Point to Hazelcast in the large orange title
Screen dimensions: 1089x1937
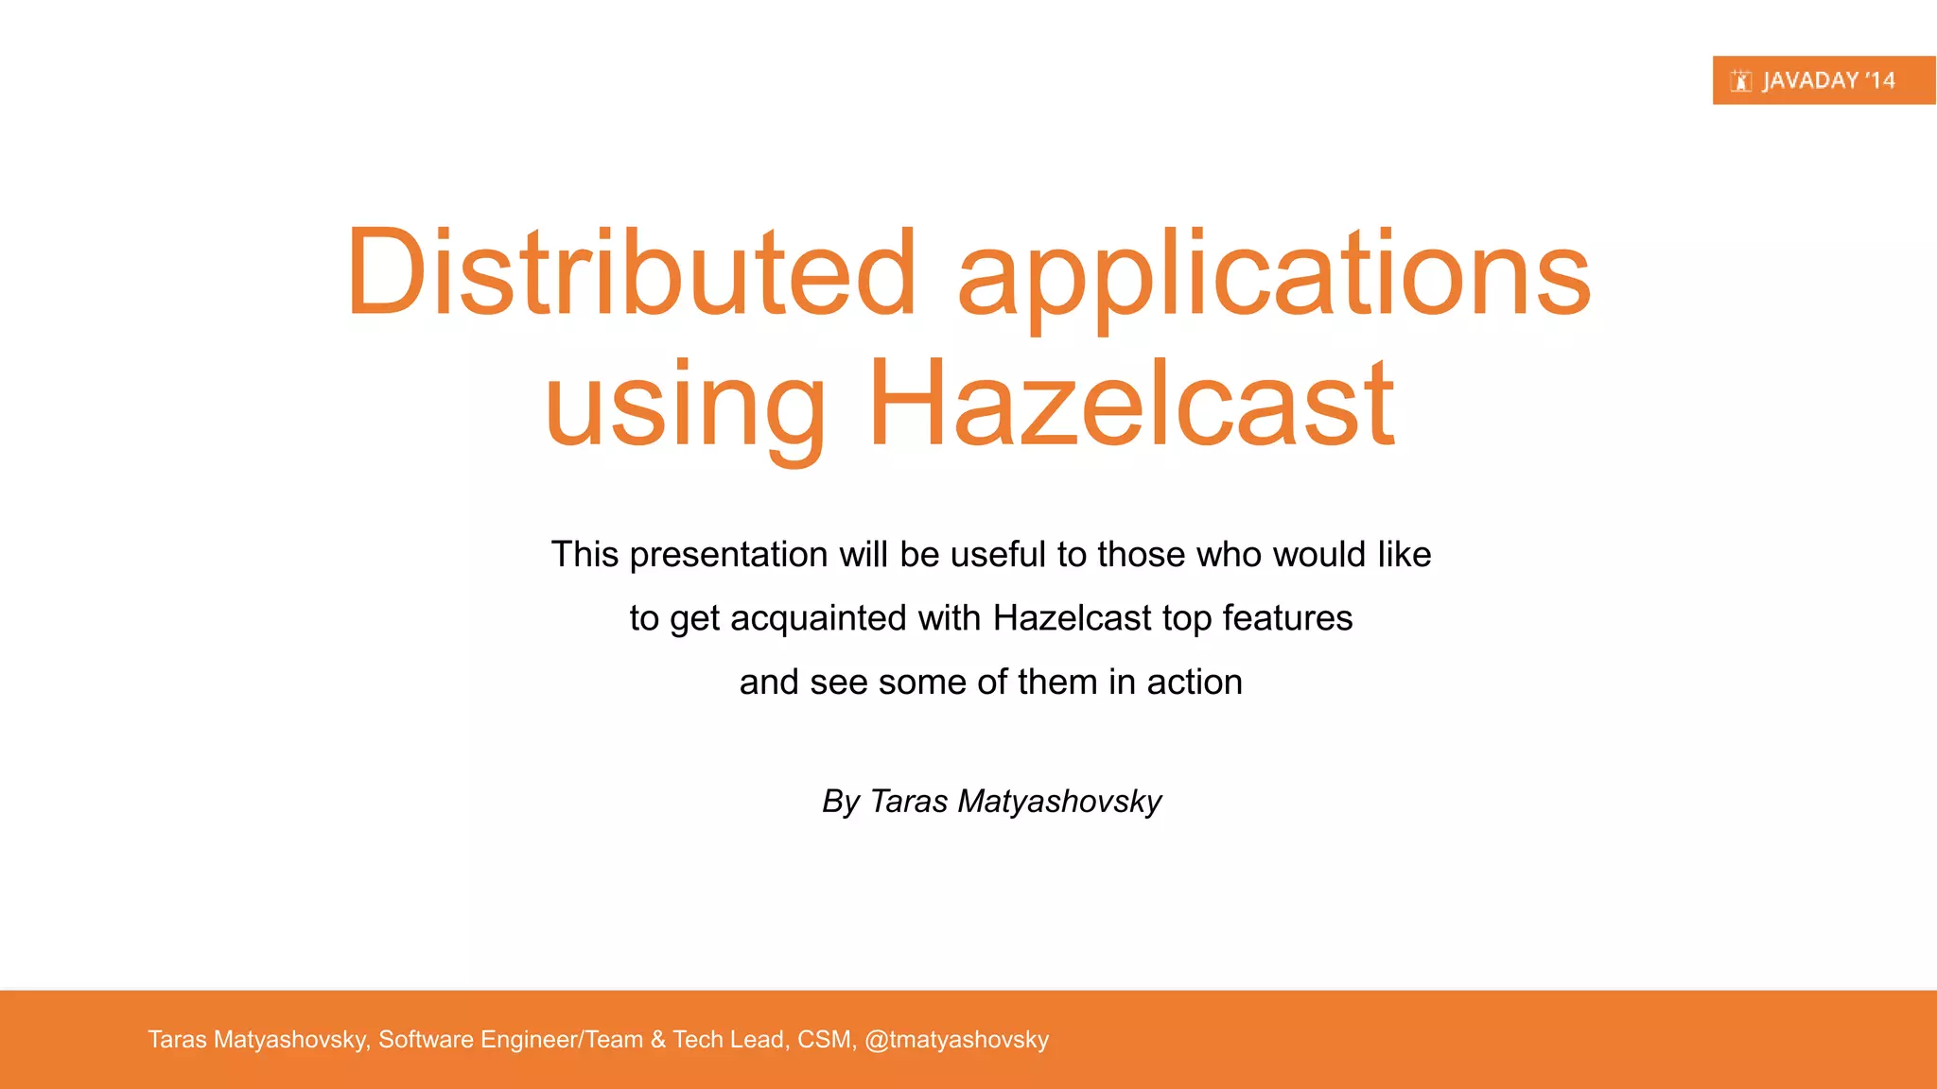tap(1130, 404)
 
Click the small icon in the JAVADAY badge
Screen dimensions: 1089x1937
tap(1741, 81)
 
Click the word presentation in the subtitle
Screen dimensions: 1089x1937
tap(728, 555)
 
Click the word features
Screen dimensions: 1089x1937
tap(1287, 618)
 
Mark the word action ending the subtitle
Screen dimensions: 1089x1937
tap(1195, 683)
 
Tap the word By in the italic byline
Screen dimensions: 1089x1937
tap(841, 802)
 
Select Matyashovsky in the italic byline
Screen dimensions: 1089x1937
tap(1059, 802)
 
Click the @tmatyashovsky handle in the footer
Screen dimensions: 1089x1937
tap(956, 1040)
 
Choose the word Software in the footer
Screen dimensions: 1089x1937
tap(426, 1040)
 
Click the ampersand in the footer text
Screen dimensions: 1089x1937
tap(658, 1040)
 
